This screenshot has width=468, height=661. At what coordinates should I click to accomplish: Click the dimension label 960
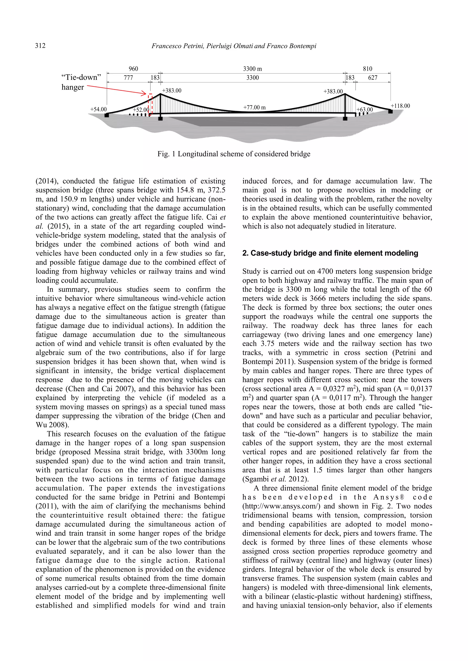133,69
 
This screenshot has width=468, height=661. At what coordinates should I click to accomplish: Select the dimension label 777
128,78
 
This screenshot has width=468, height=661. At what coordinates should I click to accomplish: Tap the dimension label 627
373,78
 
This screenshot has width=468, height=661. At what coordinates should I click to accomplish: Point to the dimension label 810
367,69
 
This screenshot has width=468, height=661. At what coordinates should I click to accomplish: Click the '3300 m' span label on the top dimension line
253,69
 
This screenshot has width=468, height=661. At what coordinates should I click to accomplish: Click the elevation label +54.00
98,109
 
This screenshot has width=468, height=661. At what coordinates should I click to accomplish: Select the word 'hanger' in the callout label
73,87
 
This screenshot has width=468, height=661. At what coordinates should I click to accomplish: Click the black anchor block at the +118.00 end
390,111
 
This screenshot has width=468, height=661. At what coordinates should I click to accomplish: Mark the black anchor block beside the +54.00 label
107,115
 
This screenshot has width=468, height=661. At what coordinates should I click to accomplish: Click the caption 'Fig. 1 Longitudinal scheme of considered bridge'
234,154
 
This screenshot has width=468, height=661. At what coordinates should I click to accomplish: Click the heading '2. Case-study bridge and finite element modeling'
330,253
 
